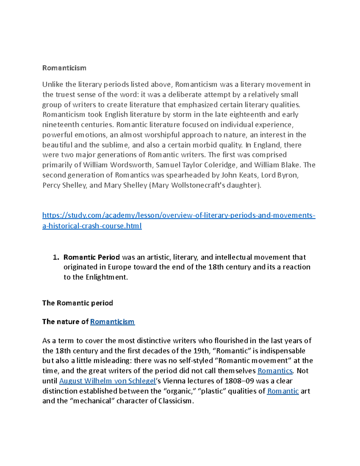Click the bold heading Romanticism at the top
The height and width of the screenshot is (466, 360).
(64, 68)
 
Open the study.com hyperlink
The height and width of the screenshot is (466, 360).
(178, 215)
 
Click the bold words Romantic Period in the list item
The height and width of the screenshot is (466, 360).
(91, 257)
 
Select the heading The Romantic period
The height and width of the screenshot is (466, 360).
(77, 303)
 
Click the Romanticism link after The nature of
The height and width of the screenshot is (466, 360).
(112, 322)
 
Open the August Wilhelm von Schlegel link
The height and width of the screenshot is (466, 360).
(107, 381)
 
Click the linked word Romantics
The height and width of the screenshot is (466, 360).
(275, 371)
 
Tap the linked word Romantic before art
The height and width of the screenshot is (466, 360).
(283, 391)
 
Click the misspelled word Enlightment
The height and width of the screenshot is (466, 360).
(106, 277)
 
